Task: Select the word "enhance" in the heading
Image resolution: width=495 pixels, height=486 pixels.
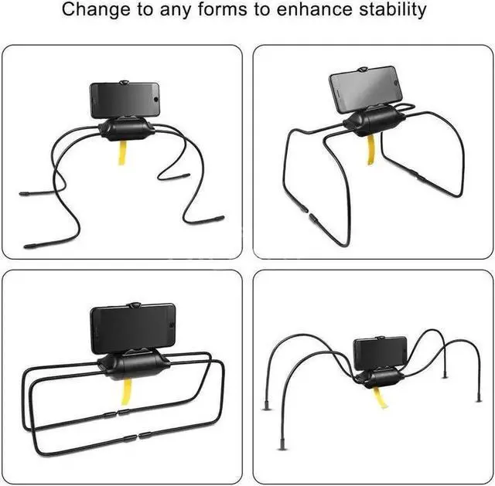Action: point(324,11)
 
